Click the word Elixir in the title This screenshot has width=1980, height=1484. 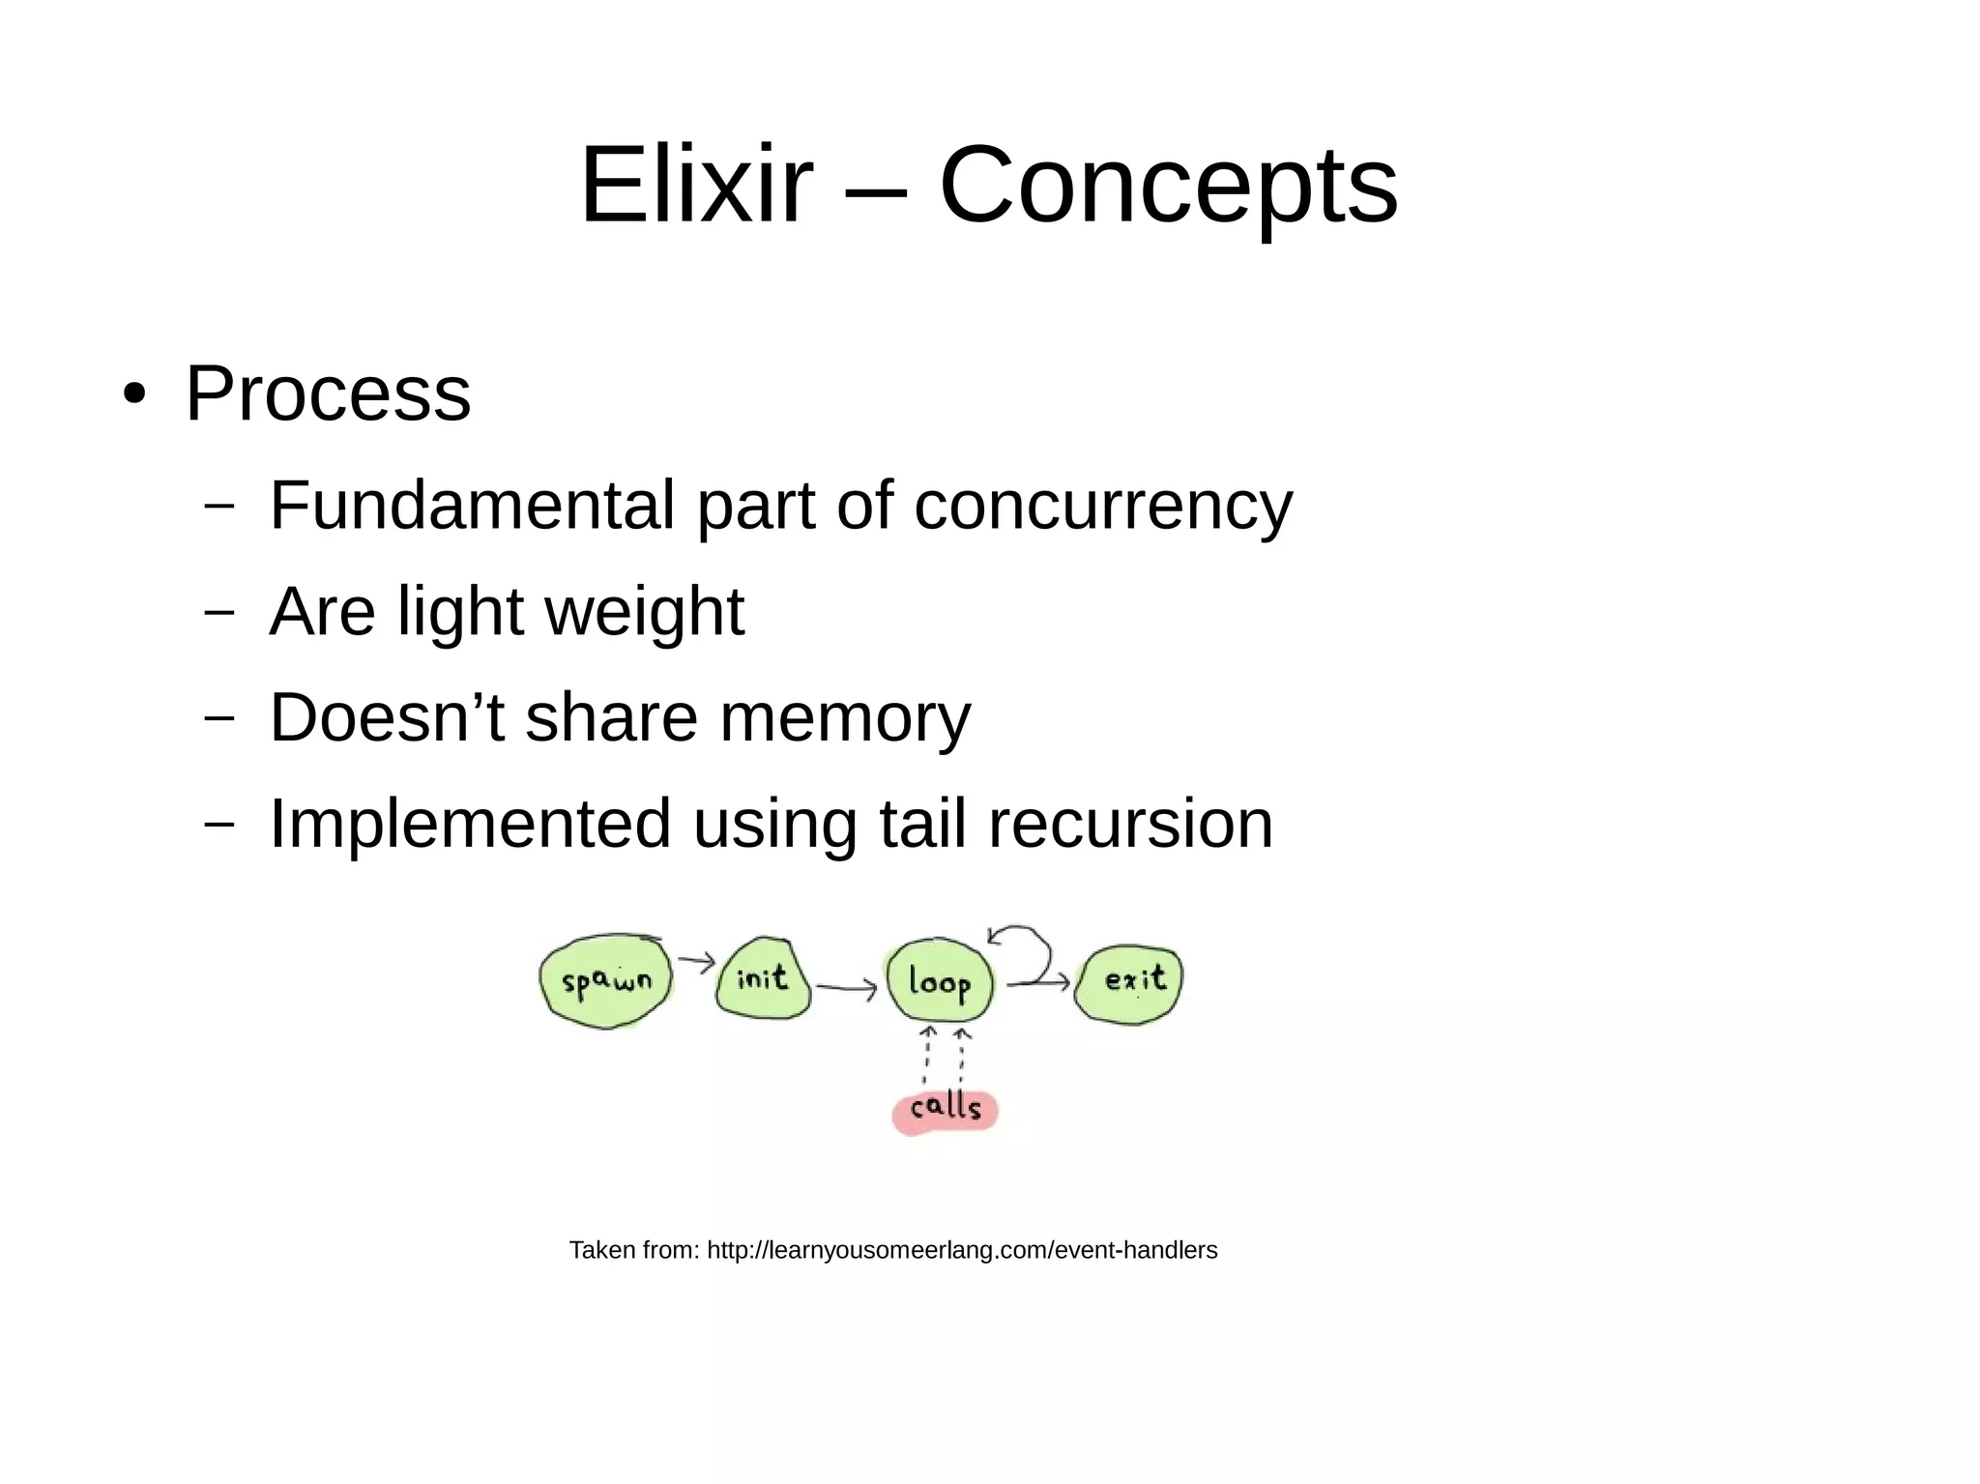(x=695, y=184)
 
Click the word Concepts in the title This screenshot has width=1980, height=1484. (x=1168, y=184)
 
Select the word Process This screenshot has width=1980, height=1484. (x=328, y=393)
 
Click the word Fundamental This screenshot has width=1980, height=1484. (x=472, y=505)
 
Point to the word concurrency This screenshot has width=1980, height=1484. (x=1102, y=507)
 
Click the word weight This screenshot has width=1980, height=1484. (x=645, y=612)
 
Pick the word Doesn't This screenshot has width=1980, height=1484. (x=387, y=717)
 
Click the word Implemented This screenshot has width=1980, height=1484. (x=470, y=824)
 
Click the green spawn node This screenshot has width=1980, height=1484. (x=606, y=981)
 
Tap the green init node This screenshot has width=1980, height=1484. (x=763, y=978)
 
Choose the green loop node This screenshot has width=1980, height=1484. (x=939, y=981)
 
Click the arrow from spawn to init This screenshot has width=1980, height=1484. (x=695, y=961)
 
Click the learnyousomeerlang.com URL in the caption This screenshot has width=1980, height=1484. (x=962, y=1250)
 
